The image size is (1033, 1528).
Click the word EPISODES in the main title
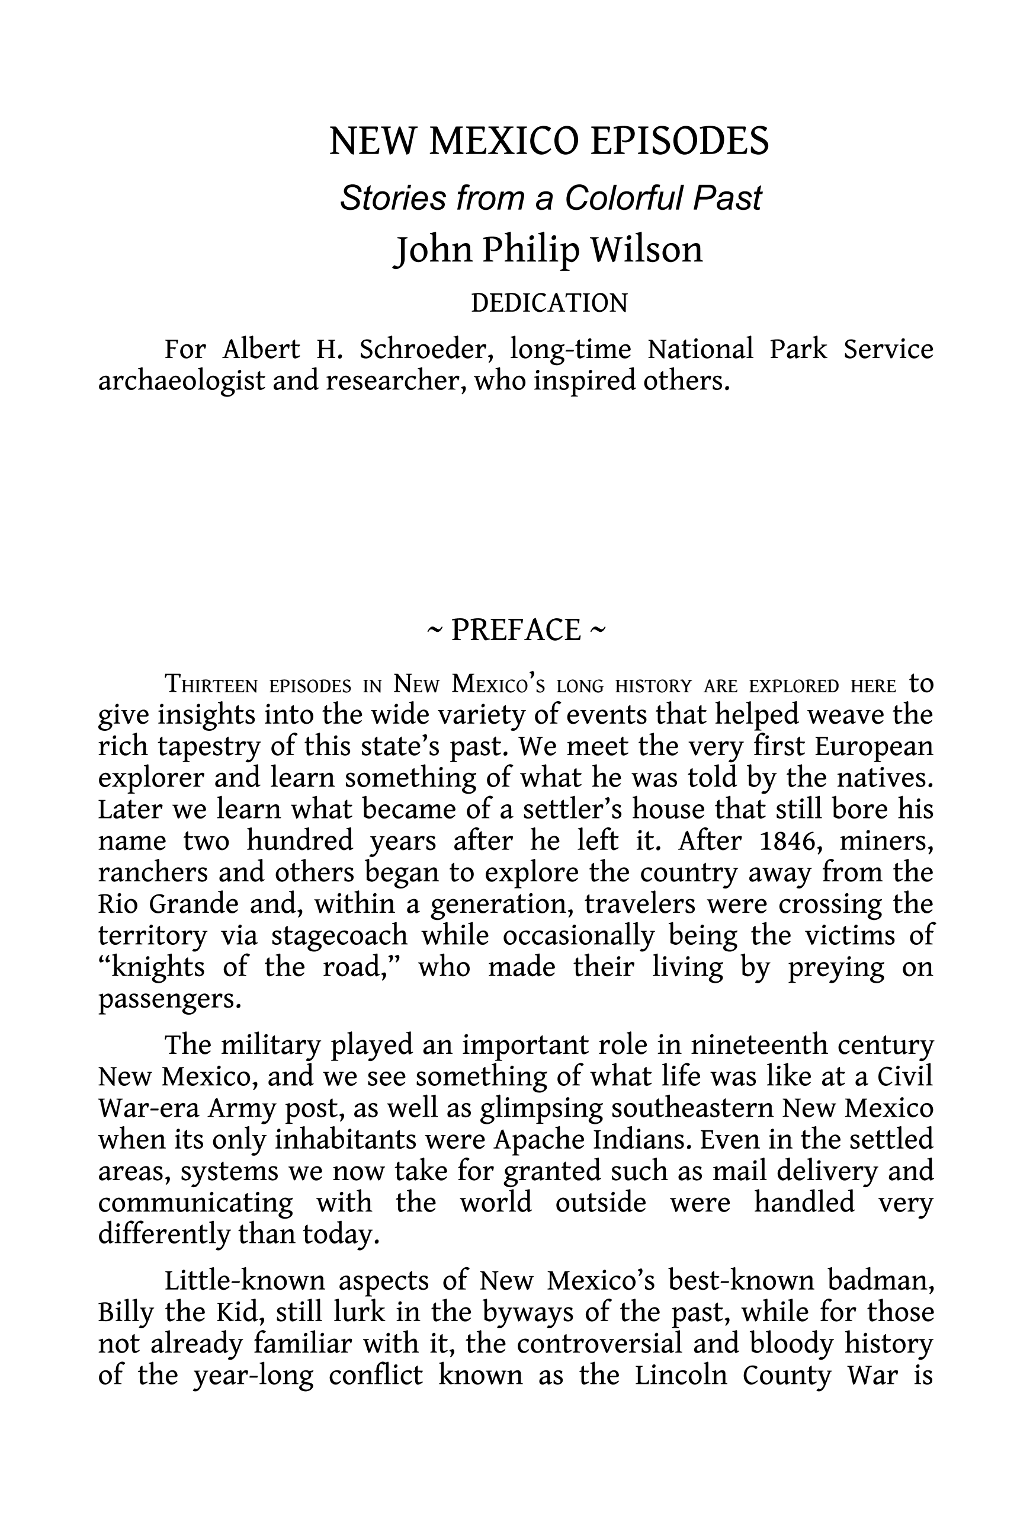click(x=679, y=140)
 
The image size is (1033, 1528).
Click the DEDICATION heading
click(x=549, y=303)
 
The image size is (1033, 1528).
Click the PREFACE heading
click(x=516, y=630)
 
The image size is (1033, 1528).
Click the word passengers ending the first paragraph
click(x=169, y=999)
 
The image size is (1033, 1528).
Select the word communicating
click(x=195, y=1203)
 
